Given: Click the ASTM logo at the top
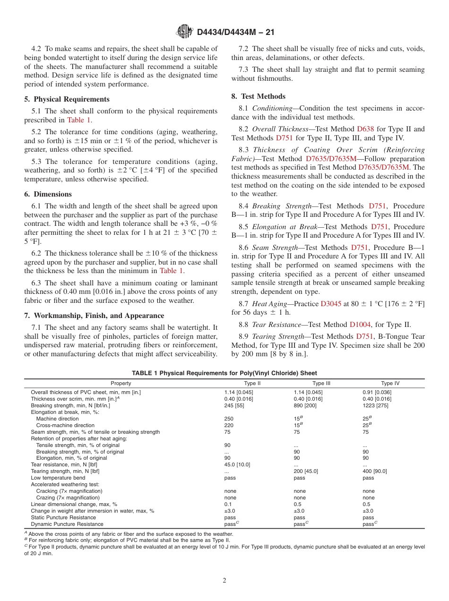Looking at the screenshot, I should click(x=184, y=32).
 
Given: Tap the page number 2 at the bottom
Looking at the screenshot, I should click(x=224, y=581).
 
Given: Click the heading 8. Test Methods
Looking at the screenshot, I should click(x=258, y=96).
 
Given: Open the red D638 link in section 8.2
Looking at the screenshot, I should click(x=365, y=129).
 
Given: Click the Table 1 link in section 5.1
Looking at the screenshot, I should click(x=78, y=120).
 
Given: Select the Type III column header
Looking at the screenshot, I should click(x=321, y=383).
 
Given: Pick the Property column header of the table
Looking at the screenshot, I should click(x=121, y=383).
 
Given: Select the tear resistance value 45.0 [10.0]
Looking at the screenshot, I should click(x=237, y=464).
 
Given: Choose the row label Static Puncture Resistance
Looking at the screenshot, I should click(x=60, y=517).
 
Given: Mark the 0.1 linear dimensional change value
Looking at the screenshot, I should click(x=227, y=504).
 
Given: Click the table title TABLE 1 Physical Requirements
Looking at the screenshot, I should click(x=224, y=373).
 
